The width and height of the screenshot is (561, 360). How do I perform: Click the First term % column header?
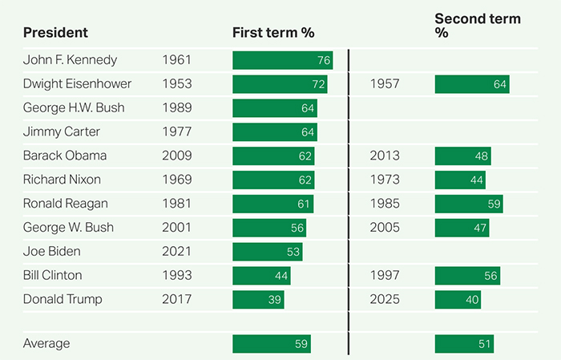click(x=272, y=33)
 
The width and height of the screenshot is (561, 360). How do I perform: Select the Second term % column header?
click(x=477, y=26)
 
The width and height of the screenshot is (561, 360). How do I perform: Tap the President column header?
click(x=55, y=33)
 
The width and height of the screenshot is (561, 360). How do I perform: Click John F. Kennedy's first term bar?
click(x=283, y=60)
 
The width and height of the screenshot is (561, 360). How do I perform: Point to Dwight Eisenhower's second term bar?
click(x=472, y=84)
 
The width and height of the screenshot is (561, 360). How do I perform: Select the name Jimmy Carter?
click(x=62, y=131)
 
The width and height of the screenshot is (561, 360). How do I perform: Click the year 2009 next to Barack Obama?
click(x=177, y=156)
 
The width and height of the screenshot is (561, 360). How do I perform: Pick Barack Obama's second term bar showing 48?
click(x=462, y=156)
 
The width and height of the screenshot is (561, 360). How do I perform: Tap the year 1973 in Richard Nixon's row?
click(x=385, y=180)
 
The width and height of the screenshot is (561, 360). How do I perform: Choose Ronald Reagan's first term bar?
click(x=272, y=204)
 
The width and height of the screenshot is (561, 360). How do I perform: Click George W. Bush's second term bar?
click(x=462, y=228)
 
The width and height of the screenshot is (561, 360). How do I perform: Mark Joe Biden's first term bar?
click(x=268, y=252)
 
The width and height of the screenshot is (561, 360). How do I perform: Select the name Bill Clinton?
click(x=53, y=276)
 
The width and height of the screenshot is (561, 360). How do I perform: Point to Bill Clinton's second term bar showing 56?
click(x=467, y=276)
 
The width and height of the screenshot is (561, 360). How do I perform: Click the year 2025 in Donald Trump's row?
click(x=385, y=300)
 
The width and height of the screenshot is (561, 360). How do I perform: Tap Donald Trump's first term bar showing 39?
click(x=258, y=300)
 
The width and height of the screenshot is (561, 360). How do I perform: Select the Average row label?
click(x=46, y=344)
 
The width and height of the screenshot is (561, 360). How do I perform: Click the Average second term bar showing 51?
click(x=464, y=344)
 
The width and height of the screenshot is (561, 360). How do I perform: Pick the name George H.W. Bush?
click(x=73, y=107)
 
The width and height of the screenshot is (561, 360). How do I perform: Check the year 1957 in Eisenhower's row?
click(x=385, y=84)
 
